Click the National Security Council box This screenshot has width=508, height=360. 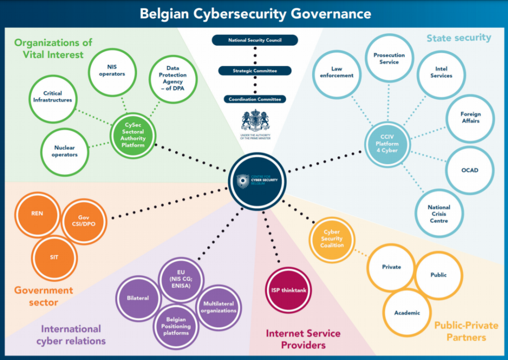tap(254, 40)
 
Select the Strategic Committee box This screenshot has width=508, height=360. tap(254, 71)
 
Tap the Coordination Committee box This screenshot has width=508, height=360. tap(254, 99)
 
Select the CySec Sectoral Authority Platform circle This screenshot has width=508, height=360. tap(132, 135)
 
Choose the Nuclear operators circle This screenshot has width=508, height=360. tap(66, 151)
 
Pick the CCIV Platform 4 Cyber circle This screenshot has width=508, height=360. tap(386, 143)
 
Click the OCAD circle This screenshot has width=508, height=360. tap(469, 170)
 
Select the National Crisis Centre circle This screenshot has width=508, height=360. tap(439, 214)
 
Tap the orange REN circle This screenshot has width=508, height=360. tap(37, 214)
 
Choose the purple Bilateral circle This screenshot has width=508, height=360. tap(138, 299)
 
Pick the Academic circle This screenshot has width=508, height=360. tap(407, 312)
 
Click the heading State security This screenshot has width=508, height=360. tap(459, 37)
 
